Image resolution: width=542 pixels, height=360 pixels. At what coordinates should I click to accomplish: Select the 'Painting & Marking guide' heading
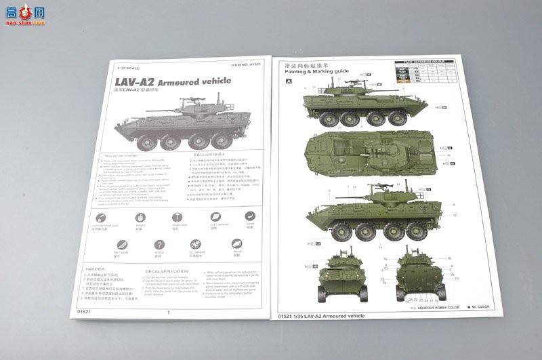[316, 71]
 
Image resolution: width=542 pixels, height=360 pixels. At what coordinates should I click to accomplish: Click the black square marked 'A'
[289, 81]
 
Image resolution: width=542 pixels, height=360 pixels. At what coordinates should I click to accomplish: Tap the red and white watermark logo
[25, 14]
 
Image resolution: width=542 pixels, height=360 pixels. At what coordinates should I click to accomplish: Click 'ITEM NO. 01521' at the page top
[245, 64]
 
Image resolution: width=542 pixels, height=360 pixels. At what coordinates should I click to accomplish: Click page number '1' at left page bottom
[168, 313]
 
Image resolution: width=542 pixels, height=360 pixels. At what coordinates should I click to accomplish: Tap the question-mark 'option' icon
[159, 245]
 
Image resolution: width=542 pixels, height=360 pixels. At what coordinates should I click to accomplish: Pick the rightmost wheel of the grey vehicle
[221, 140]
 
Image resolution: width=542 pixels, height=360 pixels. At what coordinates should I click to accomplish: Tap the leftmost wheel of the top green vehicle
[329, 119]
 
